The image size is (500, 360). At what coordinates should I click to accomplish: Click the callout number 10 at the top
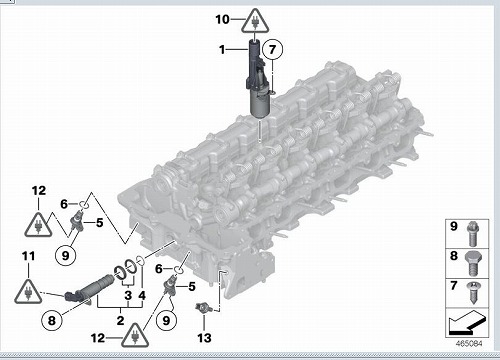coord(222,19)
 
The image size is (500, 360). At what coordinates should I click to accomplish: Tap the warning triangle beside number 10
coord(255,22)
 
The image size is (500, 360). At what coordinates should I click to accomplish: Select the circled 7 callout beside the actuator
coord(273,49)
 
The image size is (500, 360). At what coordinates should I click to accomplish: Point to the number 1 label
coord(222,50)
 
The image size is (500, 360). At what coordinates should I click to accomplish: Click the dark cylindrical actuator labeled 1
coord(258,79)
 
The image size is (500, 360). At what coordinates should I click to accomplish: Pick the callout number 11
coord(28,256)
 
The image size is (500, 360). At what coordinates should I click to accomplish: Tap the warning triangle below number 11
coord(28,292)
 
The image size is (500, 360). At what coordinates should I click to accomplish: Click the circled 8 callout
coord(52,320)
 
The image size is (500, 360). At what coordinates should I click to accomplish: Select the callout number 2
coord(120,321)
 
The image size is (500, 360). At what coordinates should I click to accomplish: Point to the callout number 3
coord(128,295)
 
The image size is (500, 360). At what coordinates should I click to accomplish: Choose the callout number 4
coord(142,295)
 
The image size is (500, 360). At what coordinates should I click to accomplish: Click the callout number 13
coord(204,338)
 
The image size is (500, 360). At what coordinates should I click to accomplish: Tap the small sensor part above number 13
coord(202,307)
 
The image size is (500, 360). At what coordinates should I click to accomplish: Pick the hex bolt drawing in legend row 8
coord(474,263)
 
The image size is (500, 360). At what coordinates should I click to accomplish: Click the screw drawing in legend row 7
coord(474,292)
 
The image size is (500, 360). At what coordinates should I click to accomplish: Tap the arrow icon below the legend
coord(467,323)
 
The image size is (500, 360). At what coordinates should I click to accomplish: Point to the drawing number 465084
coord(469,344)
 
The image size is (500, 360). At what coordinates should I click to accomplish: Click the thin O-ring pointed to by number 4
coord(140,261)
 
